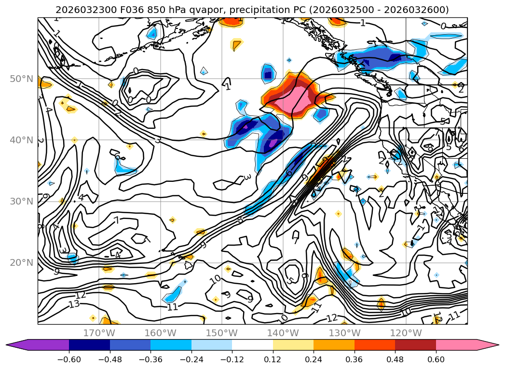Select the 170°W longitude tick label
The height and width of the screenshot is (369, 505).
tap(99, 333)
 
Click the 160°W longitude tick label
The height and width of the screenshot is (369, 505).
tap(160, 333)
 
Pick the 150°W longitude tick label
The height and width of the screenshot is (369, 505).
tap(221, 333)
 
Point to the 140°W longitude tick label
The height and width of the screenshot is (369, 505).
tap(283, 333)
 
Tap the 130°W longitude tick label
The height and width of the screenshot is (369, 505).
tap(344, 333)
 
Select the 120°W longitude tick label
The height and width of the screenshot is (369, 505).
tap(406, 333)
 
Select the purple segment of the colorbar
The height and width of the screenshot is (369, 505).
tap(43, 345)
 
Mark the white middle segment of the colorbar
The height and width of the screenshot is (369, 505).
tap(252, 345)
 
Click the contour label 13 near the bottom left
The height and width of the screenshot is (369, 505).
tap(74, 304)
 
